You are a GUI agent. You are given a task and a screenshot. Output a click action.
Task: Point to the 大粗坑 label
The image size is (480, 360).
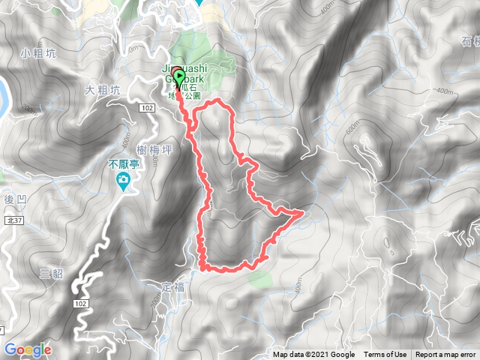[101, 90]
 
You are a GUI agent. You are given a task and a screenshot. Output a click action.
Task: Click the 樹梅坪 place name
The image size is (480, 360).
[157, 150]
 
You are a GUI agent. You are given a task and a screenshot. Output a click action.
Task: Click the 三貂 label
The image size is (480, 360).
[50, 274]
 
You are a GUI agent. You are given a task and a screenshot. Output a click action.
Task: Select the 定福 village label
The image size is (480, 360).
[172, 287]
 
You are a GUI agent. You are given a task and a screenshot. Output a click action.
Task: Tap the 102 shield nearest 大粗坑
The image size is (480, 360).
[147, 109]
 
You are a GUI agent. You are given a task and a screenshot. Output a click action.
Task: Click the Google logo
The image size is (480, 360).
[28, 349]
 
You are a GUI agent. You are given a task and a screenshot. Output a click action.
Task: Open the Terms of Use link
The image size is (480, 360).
[385, 355]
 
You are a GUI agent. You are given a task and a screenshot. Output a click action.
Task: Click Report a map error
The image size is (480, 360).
[446, 355]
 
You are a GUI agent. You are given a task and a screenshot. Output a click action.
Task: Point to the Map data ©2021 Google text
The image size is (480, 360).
[313, 355]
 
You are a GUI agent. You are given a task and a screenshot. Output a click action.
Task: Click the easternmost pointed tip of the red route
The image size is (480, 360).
[303, 213]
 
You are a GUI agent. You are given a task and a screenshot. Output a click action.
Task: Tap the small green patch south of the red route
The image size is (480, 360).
[259, 279]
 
